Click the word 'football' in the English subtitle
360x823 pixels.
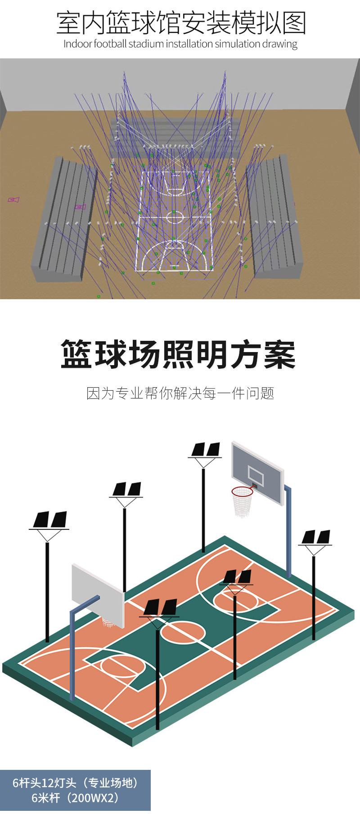(x=110, y=44)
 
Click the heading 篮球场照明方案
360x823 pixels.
(x=178, y=355)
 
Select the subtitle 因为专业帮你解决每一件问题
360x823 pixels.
(x=180, y=393)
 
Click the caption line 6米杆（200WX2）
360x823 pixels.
(x=75, y=798)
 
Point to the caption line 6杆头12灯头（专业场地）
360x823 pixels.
(x=75, y=783)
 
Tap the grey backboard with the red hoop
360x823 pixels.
(x=256, y=468)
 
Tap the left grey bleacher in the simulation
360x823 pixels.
(x=63, y=221)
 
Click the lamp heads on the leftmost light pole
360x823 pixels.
(x=50, y=520)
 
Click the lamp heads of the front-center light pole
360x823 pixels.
(x=160, y=608)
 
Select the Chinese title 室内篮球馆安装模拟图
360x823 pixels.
(x=180, y=23)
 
